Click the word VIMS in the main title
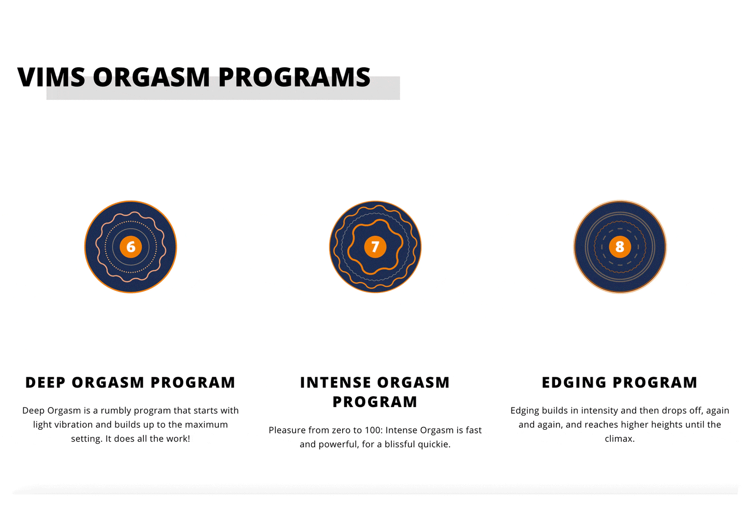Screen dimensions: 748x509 (x=51, y=77)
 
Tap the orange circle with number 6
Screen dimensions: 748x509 (x=130, y=247)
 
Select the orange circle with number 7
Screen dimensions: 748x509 (x=375, y=247)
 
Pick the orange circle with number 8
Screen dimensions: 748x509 (x=620, y=247)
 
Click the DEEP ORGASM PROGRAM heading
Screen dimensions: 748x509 (x=130, y=383)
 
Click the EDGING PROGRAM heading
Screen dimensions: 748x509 (x=620, y=383)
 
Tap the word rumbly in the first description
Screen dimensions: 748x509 (x=116, y=411)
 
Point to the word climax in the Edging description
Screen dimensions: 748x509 (x=620, y=439)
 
